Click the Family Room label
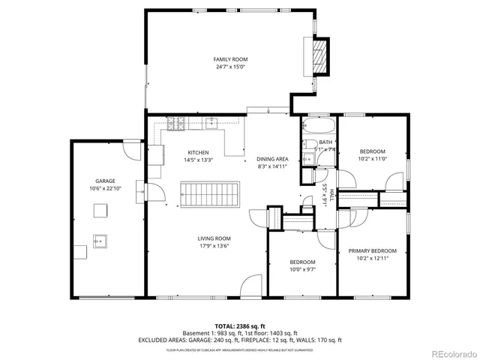pyautogui.click(x=230, y=59)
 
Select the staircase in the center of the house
pyautogui.click(x=211, y=195)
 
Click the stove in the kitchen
pyautogui.click(x=177, y=124)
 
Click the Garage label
pyautogui.click(x=104, y=181)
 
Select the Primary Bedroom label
pyautogui.click(x=372, y=251)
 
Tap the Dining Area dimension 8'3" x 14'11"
pyautogui.click(x=272, y=166)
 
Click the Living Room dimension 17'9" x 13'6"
pyautogui.click(x=214, y=245)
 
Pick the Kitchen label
pyautogui.click(x=198, y=151)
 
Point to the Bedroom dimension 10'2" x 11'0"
pyautogui.click(x=372, y=158)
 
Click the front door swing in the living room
pyautogui.click(x=250, y=286)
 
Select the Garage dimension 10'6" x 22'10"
pyautogui.click(x=104, y=188)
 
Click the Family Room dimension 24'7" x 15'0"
pyautogui.click(x=230, y=67)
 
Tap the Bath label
pyautogui.click(x=325, y=142)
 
